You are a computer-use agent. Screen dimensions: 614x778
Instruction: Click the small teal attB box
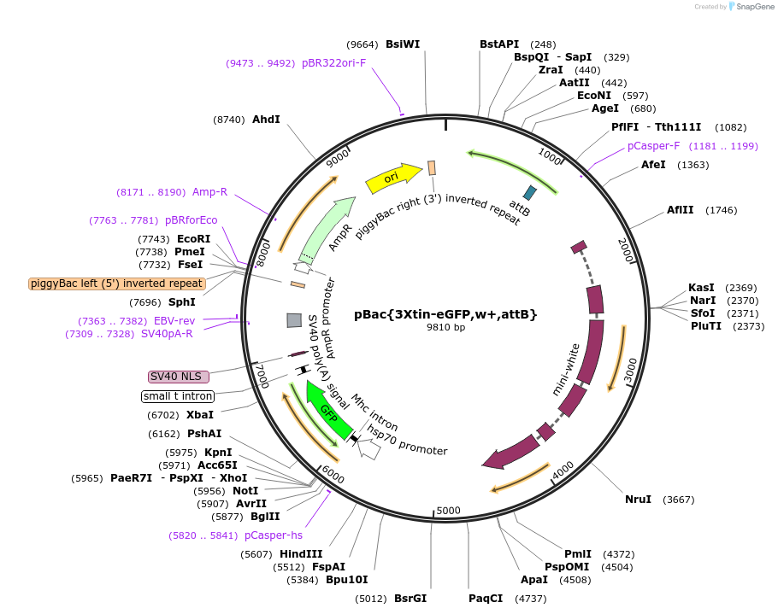[530, 193]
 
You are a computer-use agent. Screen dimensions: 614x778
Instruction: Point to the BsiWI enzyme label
[403, 44]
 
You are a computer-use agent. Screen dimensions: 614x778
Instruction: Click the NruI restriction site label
[638, 500]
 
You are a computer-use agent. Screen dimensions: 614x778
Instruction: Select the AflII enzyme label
[683, 210]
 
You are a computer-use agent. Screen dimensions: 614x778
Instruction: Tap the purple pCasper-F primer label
[653, 146]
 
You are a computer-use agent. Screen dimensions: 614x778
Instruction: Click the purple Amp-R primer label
[209, 192]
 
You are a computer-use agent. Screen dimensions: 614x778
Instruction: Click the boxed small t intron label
[178, 396]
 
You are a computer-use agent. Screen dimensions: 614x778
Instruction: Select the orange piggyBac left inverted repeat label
[117, 284]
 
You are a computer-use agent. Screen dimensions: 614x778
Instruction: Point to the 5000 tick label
[449, 512]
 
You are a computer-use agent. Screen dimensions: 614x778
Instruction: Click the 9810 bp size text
[446, 328]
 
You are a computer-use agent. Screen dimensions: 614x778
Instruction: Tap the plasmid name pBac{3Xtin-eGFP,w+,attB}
[446, 314]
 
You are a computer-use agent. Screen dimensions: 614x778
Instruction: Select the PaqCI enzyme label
[486, 599]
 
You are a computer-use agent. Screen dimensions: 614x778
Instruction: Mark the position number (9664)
[362, 44]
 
